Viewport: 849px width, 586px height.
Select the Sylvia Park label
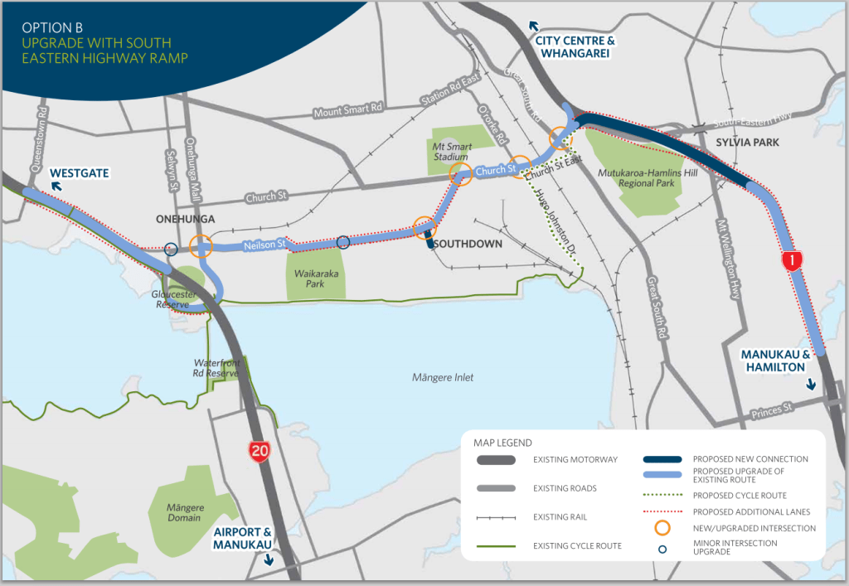pos(747,143)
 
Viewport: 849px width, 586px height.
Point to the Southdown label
pos(467,244)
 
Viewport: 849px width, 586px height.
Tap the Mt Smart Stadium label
pos(453,151)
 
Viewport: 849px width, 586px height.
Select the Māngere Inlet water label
pos(442,377)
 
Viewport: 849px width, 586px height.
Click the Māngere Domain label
pos(184,511)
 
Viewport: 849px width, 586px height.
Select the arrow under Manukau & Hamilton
pos(811,384)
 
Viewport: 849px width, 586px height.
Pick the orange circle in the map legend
pos(662,527)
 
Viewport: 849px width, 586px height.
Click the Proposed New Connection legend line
pos(662,459)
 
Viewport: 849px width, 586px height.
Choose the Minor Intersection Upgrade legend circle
pos(662,547)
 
